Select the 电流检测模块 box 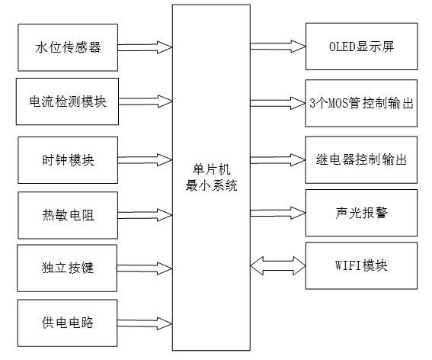(x=68, y=100)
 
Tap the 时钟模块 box (x=68, y=160)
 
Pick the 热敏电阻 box (x=68, y=215)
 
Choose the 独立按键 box (x=68, y=268)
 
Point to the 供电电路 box (x=68, y=323)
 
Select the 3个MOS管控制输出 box (x=361, y=101)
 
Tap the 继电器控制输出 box (x=361, y=160)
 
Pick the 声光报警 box (x=361, y=213)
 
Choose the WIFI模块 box (x=361, y=266)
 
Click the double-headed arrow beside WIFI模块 (x=277, y=266)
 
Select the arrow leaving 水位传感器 (x=146, y=47)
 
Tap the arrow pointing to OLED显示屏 (x=277, y=47)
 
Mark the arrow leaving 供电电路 (x=146, y=323)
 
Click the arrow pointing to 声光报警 (x=277, y=213)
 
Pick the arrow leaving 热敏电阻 (x=146, y=215)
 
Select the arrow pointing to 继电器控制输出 (x=277, y=160)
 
